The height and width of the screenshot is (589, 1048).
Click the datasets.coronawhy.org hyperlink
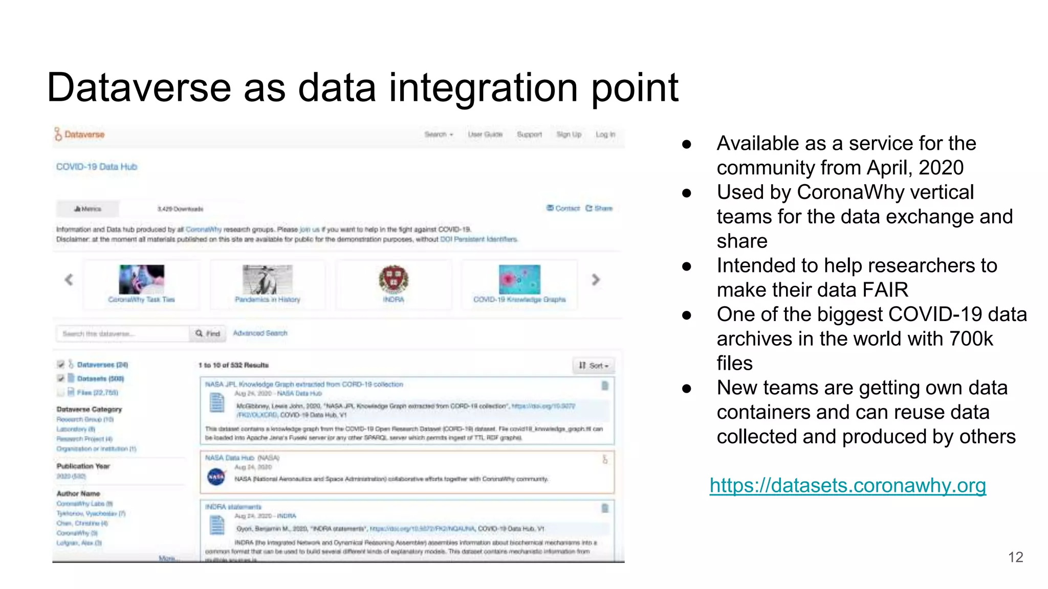[x=847, y=485]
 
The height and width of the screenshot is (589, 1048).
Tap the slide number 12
[x=1015, y=557]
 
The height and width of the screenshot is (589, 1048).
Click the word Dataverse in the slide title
[x=139, y=87]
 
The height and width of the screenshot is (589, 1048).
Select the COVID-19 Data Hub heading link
[x=97, y=167]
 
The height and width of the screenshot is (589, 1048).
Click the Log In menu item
[x=605, y=134]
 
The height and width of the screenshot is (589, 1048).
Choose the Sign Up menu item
[x=569, y=134]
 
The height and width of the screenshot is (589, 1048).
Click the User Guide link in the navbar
[x=485, y=134]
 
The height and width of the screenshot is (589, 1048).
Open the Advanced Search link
[x=260, y=333]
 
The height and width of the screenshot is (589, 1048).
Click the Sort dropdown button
[x=594, y=366]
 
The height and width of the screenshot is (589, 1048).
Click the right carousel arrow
[x=596, y=280]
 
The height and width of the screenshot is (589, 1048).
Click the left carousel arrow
[x=69, y=280]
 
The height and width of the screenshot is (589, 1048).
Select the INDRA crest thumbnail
[x=393, y=279]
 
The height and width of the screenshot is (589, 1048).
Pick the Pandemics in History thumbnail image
[x=267, y=279]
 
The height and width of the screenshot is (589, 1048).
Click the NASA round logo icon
[x=216, y=477]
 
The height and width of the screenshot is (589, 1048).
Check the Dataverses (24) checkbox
[x=61, y=365]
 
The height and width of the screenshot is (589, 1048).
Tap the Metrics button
[x=88, y=209]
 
